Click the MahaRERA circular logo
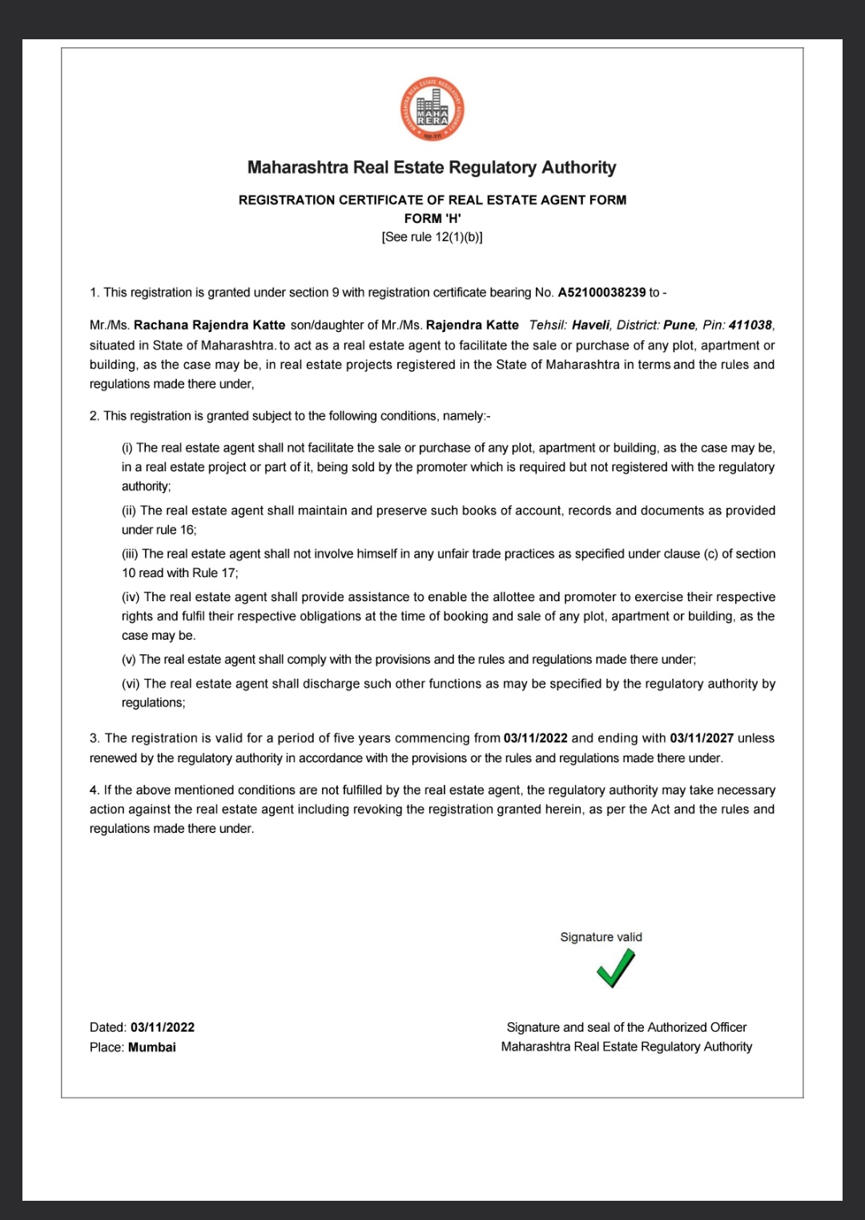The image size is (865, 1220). click(x=432, y=110)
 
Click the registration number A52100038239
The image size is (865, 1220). click(x=601, y=293)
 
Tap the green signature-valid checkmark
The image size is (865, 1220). click(x=616, y=968)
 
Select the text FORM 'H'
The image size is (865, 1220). click(x=432, y=218)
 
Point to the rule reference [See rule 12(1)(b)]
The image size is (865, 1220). click(x=432, y=237)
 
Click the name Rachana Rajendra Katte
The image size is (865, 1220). click(x=209, y=325)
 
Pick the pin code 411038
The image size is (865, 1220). click(x=750, y=325)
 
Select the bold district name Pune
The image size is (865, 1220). click(x=679, y=325)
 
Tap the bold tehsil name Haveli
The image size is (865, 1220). click(x=590, y=325)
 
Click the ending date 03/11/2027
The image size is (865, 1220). click(x=702, y=738)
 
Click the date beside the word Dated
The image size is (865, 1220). click(x=163, y=1028)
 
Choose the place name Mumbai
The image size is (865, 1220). click(x=152, y=1048)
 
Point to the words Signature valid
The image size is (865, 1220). click(x=601, y=937)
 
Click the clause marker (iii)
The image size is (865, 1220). click(x=130, y=554)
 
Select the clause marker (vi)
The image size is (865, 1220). click(x=131, y=684)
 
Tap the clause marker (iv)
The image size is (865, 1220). click(x=131, y=597)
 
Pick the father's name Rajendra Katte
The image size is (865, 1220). click(x=473, y=325)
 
